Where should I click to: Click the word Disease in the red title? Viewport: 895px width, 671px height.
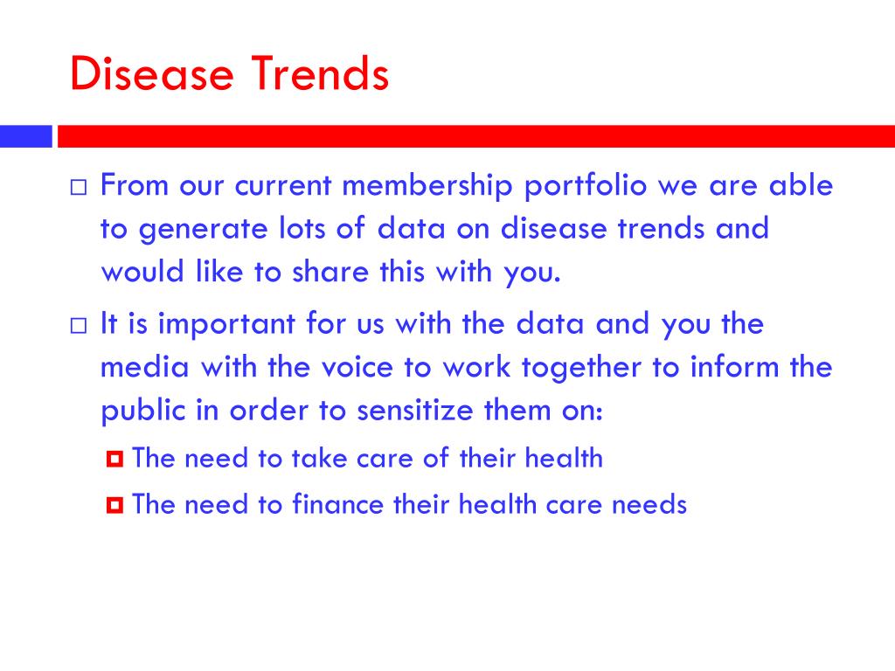152,73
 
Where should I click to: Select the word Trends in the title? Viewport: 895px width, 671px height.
320,73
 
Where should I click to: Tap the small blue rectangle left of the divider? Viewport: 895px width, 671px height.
25,136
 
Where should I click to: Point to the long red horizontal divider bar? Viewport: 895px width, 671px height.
476,136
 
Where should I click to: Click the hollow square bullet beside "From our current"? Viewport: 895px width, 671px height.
79,187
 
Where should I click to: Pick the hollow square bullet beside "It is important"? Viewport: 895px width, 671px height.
79,326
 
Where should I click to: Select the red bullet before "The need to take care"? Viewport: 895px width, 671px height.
114,459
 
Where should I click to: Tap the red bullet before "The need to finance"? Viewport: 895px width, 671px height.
114,505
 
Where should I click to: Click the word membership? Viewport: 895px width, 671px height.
427,186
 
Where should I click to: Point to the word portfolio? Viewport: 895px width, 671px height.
586,186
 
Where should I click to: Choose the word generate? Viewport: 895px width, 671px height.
203,230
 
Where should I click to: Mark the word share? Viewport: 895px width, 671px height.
330,271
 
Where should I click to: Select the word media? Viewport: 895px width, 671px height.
145,367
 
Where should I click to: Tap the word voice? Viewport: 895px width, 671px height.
357,368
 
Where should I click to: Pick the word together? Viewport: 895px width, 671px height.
581,368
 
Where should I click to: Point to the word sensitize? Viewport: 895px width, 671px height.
415,411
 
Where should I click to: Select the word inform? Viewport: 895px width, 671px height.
734,366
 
